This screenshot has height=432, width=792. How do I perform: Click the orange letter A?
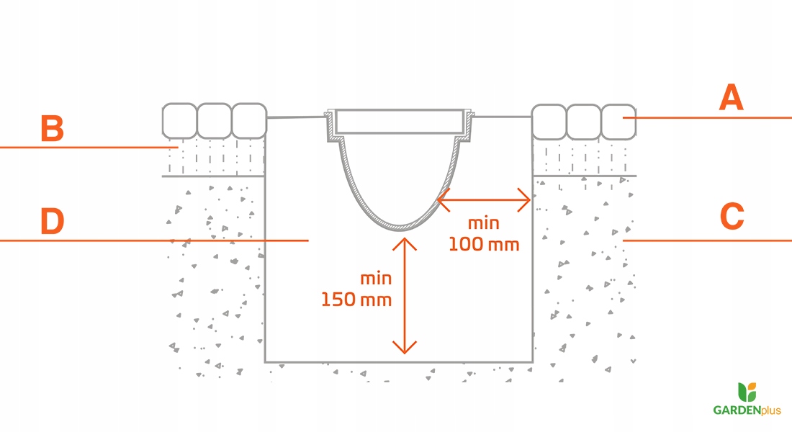(731, 97)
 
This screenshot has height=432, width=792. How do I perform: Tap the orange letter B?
(52, 130)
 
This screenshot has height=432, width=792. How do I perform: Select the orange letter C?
(732, 217)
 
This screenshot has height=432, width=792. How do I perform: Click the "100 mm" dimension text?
(483, 244)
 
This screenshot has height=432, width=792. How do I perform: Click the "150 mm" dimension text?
(356, 299)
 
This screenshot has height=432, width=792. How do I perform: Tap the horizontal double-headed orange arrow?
(485, 198)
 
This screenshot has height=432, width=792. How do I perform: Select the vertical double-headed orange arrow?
(405, 296)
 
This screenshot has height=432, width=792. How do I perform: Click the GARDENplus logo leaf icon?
(747, 392)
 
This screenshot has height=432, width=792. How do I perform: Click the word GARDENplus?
(747, 410)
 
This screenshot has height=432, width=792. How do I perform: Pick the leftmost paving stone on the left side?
(179, 121)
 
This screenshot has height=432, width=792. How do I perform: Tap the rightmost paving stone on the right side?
(618, 122)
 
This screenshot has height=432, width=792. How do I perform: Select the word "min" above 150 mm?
(375, 278)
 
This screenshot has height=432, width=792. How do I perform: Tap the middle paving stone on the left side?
(214, 121)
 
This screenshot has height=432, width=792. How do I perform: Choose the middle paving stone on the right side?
(584, 122)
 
